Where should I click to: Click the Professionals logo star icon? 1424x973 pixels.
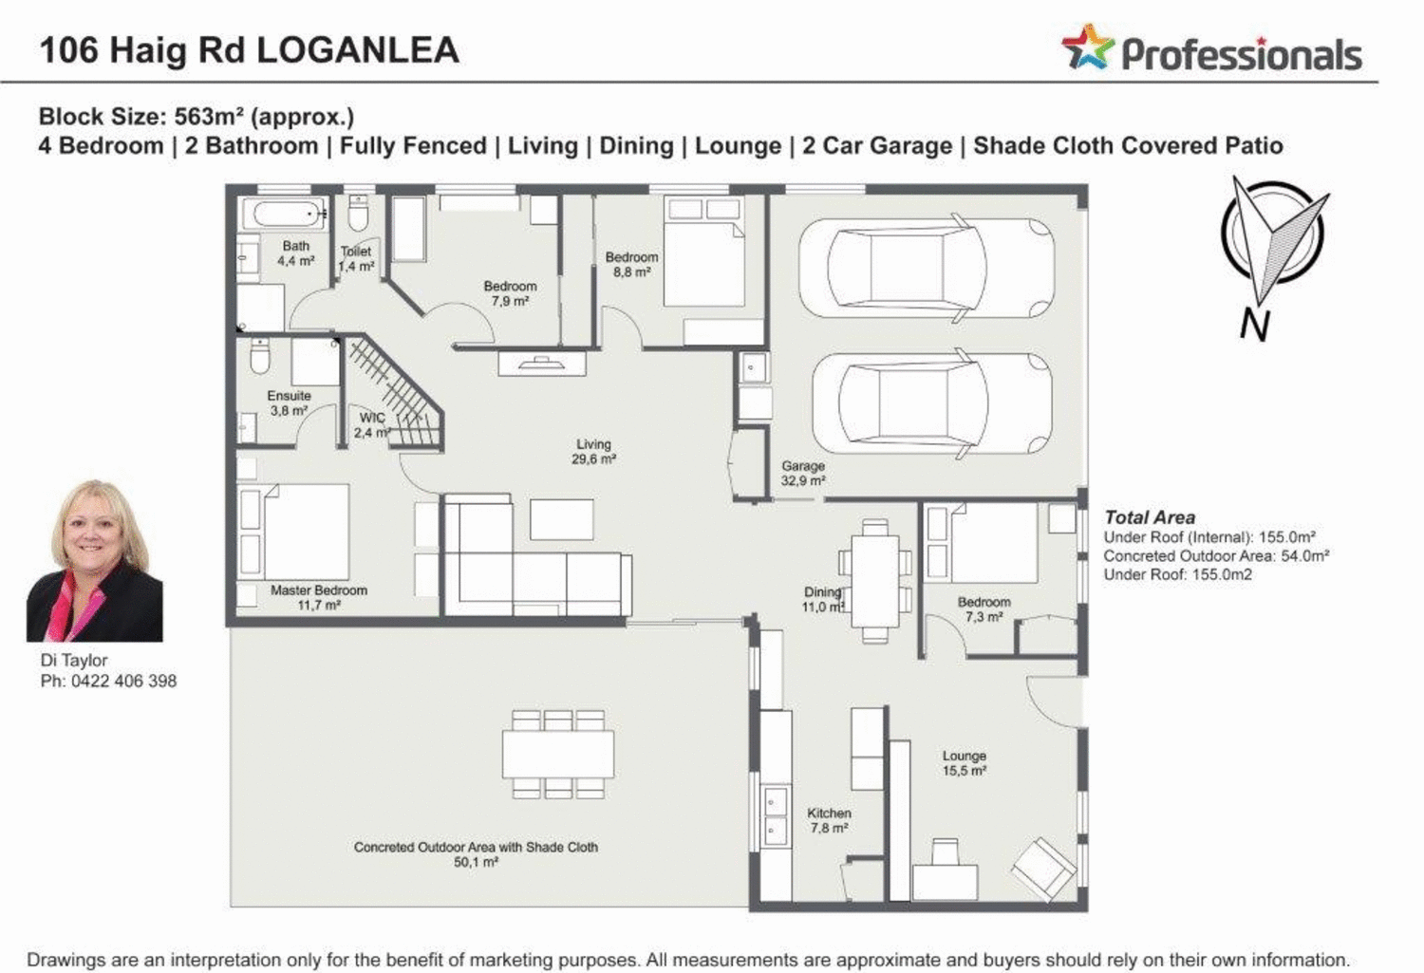[1087, 47]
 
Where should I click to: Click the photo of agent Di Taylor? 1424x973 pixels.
[94, 561]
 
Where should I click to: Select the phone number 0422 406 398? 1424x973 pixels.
[123, 681]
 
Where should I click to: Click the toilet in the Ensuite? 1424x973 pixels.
[259, 357]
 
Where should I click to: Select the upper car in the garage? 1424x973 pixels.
[927, 269]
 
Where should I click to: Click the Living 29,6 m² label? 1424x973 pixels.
[593, 451]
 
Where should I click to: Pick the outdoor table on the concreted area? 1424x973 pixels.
[558, 754]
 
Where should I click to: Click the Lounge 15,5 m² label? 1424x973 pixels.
[964, 763]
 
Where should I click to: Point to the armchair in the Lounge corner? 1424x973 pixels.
[1043, 867]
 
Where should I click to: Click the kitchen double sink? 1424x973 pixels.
[776, 816]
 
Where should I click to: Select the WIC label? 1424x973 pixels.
[372, 418]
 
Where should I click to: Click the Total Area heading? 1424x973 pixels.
[1149, 517]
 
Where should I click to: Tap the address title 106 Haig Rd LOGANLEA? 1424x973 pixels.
[249, 49]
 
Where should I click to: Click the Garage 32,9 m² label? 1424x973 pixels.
[803, 473]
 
